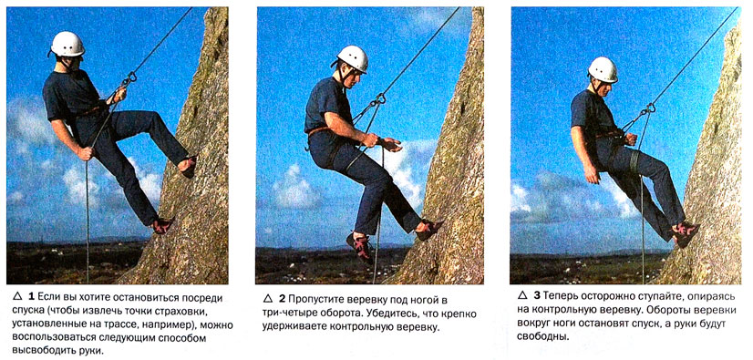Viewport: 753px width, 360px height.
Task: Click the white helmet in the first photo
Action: [67, 44]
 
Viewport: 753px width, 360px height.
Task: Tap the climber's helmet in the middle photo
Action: [352, 58]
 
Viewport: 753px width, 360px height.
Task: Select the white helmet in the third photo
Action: [603, 69]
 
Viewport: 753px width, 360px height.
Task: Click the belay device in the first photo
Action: [128, 79]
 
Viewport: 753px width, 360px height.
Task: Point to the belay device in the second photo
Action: [379, 100]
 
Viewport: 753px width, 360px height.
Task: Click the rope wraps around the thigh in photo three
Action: [635, 160]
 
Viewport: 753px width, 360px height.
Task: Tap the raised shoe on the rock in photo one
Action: [188, 166]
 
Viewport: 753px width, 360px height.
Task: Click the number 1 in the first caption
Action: [31, 296]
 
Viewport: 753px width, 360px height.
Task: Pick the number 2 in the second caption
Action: [282, 300]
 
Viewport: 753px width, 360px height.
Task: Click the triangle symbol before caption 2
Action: [267, 299]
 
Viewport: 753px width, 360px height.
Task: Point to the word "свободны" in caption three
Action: [540, 336]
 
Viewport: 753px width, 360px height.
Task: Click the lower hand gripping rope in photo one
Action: [86, 153]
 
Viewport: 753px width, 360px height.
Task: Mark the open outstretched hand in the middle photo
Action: [390, 143]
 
